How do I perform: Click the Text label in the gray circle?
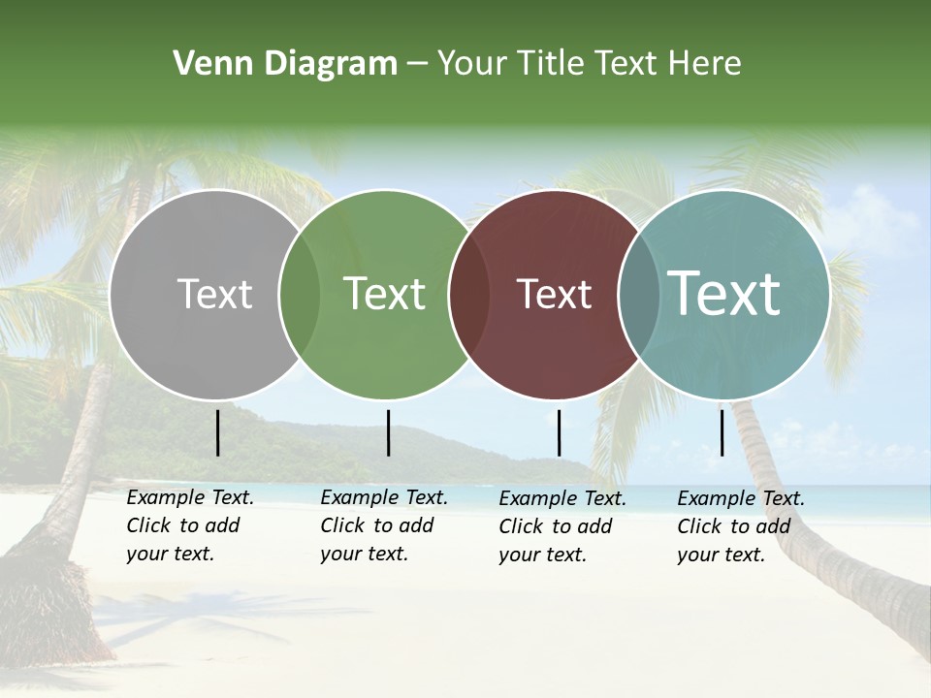point(214,294)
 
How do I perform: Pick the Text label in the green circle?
point(384,294)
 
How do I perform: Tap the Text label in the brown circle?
point(554,294)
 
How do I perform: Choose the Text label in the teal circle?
point(723,294)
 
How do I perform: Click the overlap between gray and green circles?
point(300,295)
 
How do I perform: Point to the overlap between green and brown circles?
point(469,295)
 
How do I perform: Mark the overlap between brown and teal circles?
point(638,295)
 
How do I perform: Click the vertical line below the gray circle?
point(218,432)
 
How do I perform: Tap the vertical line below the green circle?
point(388,432)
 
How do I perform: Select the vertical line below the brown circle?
point(559,432)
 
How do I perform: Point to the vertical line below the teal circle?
point(722,432)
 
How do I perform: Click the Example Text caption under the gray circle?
point(190,525)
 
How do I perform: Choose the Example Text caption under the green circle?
point(384,525)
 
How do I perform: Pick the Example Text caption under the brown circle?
point(562,526)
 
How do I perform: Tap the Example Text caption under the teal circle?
point(741,526)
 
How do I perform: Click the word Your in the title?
point(473,64)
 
